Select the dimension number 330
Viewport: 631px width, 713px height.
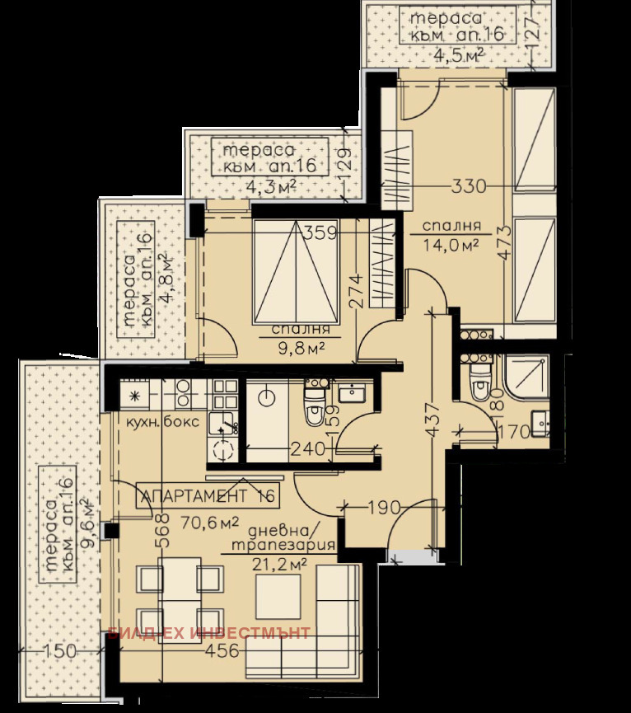(x=468, y=186)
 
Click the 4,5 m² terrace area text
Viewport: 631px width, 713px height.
(x=458, y=55)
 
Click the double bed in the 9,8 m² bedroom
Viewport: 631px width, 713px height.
(x=296, y=272)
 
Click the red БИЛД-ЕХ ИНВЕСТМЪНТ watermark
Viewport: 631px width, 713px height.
(x=209, y=633)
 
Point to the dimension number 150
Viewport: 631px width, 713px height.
(x=60, y=651)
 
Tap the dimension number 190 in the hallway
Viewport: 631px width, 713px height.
(x=384, y=507)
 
